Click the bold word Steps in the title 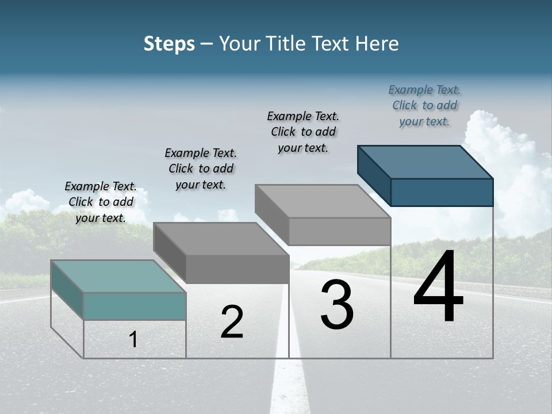pyautogui.click(x=169, y=44)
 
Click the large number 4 pyautogui.click(x=438, y=287)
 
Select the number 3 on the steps pyautogui.click(x=337, y=305)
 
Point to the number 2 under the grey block pyautogui.click(x=232, y=322)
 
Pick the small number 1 pyautogui.click(x=133, y=340)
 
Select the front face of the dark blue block pyautogui.click(x=442, y=192)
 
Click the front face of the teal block pyautogui.click(x=135, y=306)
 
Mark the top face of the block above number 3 pyautogui.click(x=323, y=201)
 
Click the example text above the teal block pyautogui.click(x=101, y=202)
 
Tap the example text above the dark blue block pyautogui.click(x=424, y=105)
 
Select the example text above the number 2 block pyautogui.click(x=201, y=168)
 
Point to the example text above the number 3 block pyautogui.click(x=303, y=132)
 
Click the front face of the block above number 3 pyautogui.click(x=339, y=232)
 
